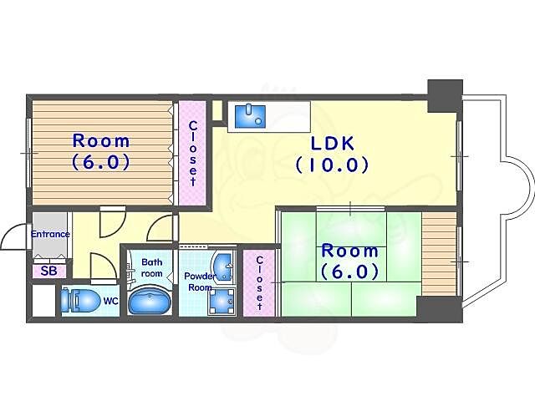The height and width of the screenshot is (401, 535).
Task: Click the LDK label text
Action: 333,144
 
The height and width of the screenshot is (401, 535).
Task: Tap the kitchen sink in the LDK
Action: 251,116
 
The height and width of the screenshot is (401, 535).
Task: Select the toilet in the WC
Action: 79,301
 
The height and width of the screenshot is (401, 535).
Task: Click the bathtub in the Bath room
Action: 149,301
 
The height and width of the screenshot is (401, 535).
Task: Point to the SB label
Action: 48,271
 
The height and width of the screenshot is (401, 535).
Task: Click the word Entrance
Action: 50,234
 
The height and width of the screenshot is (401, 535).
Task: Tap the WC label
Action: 111,301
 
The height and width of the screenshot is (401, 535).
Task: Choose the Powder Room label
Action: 201,282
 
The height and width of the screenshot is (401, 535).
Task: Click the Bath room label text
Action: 152,267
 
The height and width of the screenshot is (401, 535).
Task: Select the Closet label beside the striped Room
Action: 193,154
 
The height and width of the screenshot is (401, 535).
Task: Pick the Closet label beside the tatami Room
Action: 259,283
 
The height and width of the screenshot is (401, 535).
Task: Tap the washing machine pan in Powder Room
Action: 222,302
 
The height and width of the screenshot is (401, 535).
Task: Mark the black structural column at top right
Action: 446,96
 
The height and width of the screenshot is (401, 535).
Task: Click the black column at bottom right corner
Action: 440,309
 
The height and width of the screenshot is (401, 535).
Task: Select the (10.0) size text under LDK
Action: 333,165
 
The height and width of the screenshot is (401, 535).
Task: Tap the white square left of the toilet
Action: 43,300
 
